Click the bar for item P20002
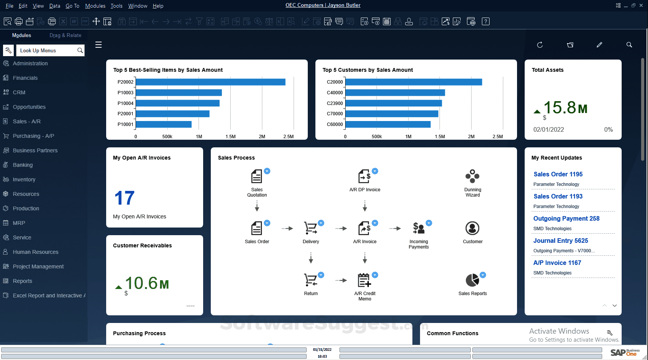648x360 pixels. [x=210, y=82]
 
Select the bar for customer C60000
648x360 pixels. [x=388, y=124]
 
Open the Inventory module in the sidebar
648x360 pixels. [x=24, y=179]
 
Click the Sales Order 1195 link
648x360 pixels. [x=558, y=174]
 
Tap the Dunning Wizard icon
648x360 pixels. [x=472, y=176]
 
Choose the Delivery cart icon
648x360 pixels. [x=310, y=228]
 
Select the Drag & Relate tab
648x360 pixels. [x=65, y=35]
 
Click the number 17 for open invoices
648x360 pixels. [x=124, y=198]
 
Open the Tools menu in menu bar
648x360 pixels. [x=116, y=6]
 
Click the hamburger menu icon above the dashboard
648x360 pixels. [x=99, y=45]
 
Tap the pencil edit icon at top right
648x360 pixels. [x=600, y=45]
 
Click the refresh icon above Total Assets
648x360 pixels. [x=540, y=45]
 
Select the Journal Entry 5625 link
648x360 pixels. [x=561, y=241]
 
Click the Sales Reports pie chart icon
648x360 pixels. [x=472, y=280]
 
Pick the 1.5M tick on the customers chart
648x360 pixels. [x=440, y=136]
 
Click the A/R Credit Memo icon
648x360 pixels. [x=364, y=280]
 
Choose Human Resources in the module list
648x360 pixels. [x=36, y=252]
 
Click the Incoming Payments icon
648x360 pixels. [x=419, y=228]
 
